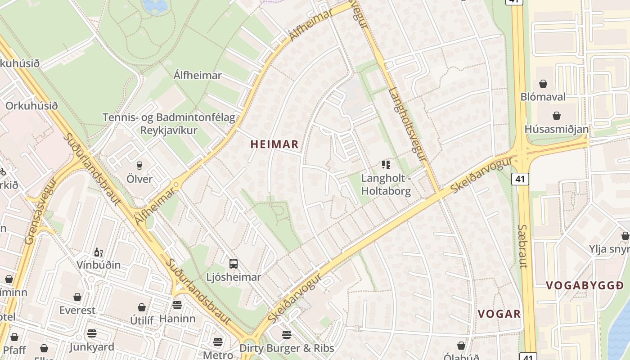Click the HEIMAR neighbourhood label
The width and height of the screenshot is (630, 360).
tap(274, 144)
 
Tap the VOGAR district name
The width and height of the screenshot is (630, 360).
tap(499, 314)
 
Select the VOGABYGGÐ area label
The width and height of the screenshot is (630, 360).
tap(585, 285)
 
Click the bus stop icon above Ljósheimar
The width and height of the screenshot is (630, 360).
tap(233, 264)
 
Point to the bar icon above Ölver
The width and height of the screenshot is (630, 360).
tap(139, 166)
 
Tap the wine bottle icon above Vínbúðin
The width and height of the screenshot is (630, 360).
tap(98, 252)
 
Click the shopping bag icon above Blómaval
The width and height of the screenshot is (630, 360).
tap(543, 84)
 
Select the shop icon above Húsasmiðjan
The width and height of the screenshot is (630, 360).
tap(557, 116)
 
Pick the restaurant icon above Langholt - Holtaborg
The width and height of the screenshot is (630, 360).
tap(386, 165)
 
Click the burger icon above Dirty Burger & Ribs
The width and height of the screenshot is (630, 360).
tap(287, 335)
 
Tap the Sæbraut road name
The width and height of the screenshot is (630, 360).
tap(522, 246)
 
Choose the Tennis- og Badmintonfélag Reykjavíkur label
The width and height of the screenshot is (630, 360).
tap(169, 124)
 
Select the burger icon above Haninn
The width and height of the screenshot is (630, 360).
tap(177, 305)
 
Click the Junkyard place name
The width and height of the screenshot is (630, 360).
tap(92, 347)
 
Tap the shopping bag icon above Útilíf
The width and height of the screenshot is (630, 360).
tap(142, 307)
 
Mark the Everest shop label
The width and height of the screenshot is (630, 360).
tap(77, 310)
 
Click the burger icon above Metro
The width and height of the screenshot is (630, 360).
tap(218, 342)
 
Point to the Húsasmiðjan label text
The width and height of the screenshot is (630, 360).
tap(556, 129)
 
